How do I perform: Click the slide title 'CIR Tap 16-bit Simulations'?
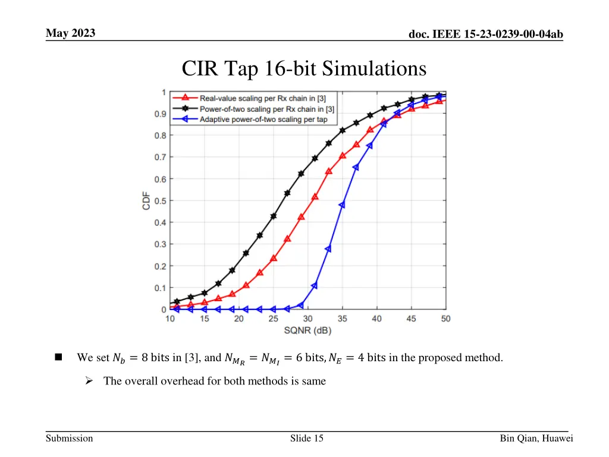click(304, 69)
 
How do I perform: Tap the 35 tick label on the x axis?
click(343, 319)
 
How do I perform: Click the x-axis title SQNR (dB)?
click(308, 330)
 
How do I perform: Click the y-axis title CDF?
click(146, 201)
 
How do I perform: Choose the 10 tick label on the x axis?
click(170, 319)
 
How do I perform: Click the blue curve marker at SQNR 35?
click(342, 205)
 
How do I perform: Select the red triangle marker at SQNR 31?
click(315, 196)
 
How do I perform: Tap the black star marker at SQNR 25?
click(274, 216)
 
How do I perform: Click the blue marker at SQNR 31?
click(315, 285)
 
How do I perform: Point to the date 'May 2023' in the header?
click(70, 33)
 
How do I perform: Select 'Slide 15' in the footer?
click(307, 439)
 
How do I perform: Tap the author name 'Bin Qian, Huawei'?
click(536, 439)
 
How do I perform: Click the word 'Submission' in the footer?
click(70, 439)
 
